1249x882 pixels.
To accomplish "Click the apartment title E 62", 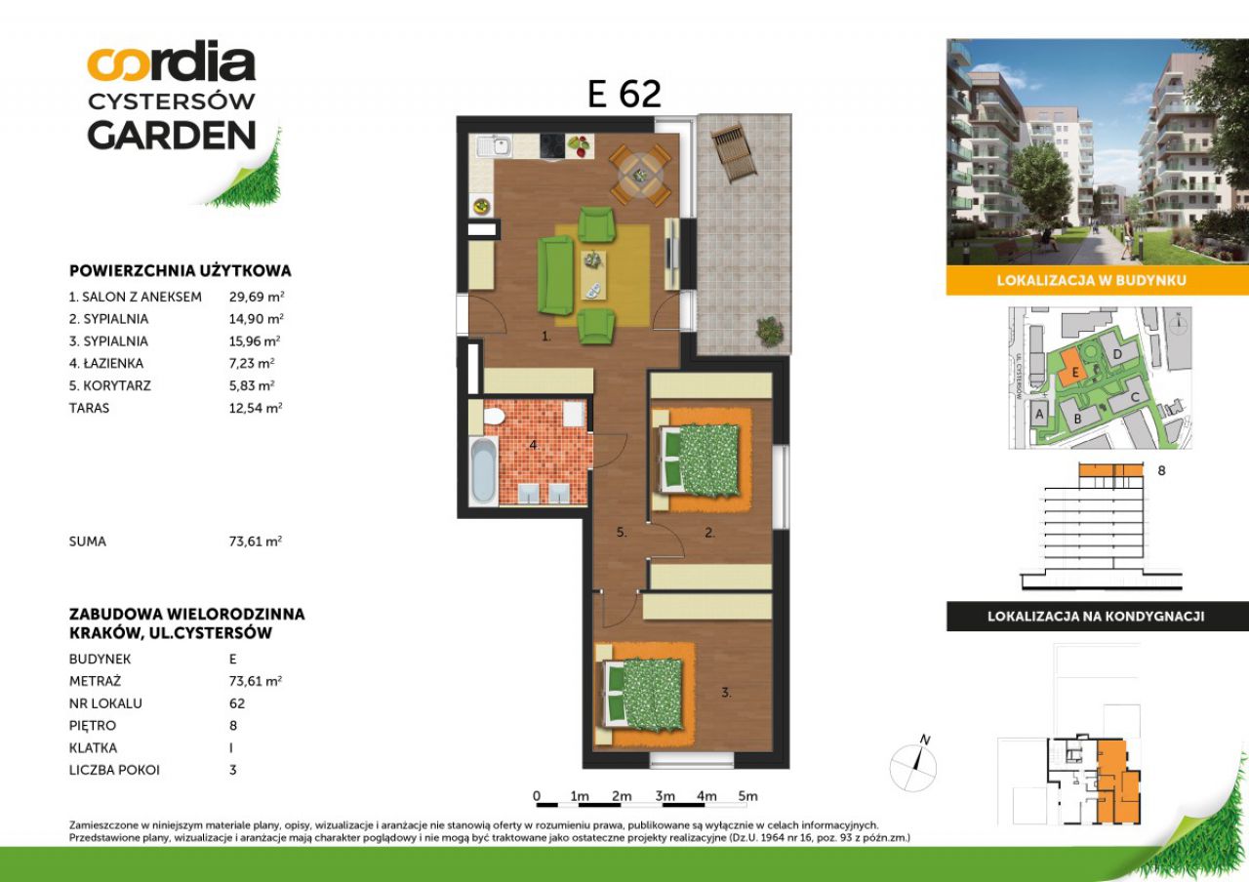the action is [624, 94].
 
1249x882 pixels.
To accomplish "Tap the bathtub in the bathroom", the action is [483, 470].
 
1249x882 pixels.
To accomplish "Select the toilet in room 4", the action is [494, 416].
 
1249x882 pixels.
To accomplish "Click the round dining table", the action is [639, 175].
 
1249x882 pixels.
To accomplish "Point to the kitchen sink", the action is [495, 146].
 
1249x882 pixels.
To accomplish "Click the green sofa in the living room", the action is [555, 275].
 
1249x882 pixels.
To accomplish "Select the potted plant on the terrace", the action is [770, 331].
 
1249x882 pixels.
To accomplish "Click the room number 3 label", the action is [726, 693].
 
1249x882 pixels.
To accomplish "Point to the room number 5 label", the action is [622, 533].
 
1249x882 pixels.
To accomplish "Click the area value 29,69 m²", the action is [257, 297].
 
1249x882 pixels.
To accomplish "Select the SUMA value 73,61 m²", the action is [256, 541].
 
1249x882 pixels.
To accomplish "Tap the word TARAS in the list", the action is [89, 408].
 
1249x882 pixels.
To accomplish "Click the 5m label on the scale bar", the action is [747, 796].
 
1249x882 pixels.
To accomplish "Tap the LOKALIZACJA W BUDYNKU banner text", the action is [1091, 280].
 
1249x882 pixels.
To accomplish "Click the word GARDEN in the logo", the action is [172, 135].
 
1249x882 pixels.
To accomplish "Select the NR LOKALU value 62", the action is [237, 703].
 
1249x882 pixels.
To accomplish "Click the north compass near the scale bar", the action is [913, 766].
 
